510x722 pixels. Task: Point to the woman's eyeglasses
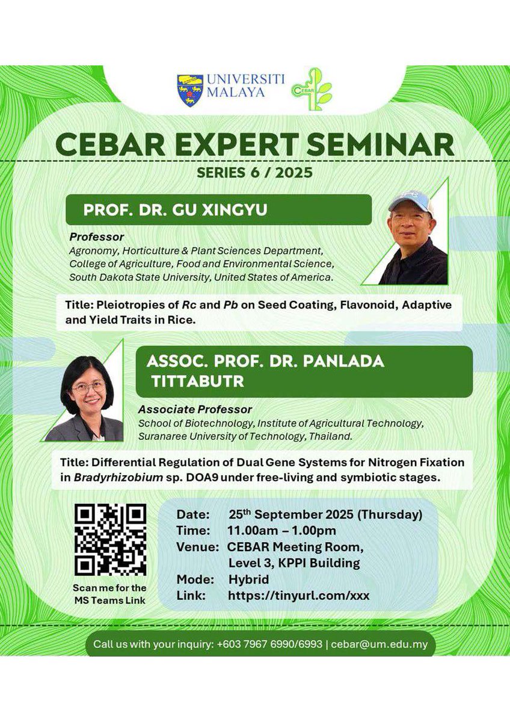click(x=88, y=387)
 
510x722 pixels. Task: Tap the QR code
click(x=110, y=540)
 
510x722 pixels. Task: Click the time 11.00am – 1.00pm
click(x=281, y=531)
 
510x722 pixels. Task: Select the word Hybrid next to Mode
click(x=248, y=580)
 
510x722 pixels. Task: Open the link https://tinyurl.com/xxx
click(x=298, y=596)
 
